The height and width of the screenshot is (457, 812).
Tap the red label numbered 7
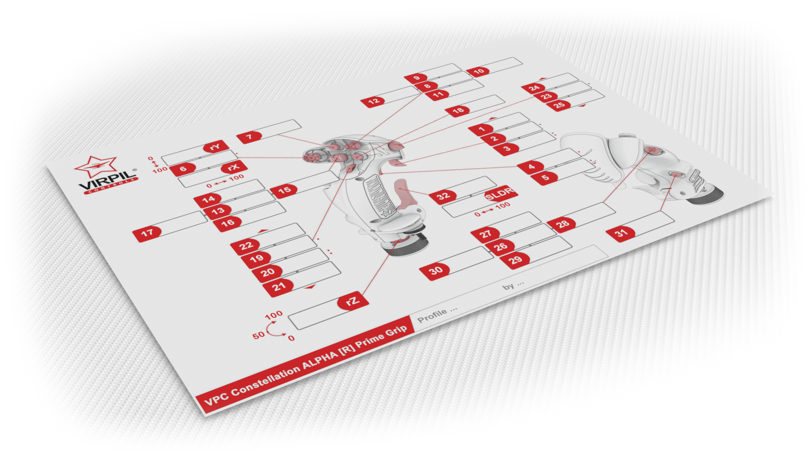tap(250, 137)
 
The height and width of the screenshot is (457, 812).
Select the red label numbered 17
tap(147, 233)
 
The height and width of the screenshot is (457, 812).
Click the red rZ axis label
tap(353, 301)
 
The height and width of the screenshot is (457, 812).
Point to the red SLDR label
tap(501, 193)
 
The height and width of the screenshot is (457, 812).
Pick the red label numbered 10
tap(478, 72)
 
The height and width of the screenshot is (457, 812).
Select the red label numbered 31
tap(621, 233)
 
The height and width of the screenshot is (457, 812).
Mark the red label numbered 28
tap(562, 224)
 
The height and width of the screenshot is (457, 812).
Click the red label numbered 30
tap(435, 270)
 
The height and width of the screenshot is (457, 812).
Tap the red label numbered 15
tap(284, 191)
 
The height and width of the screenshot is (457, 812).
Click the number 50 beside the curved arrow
tap(258, 336)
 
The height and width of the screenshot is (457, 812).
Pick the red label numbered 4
tap(531, 167)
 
